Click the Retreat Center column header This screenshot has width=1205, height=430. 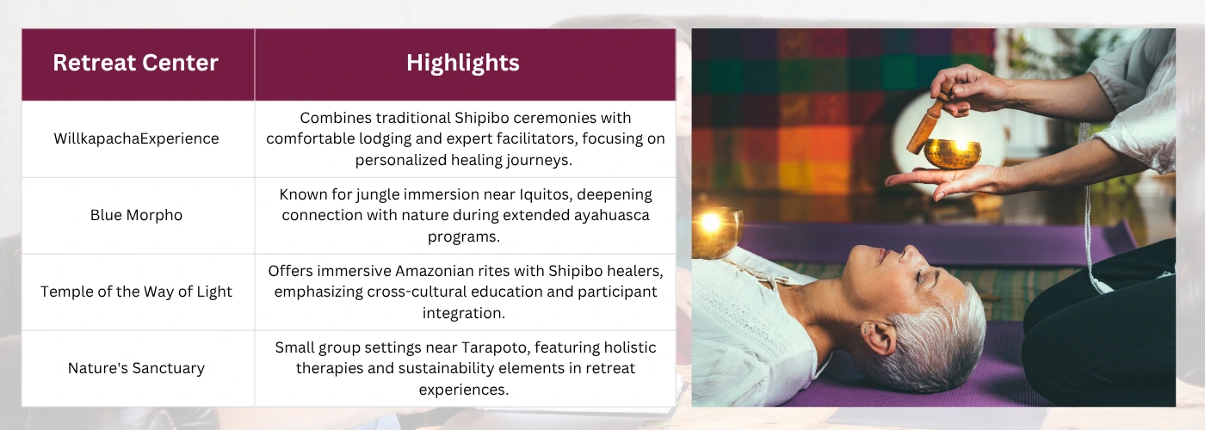click(x=136, y=63)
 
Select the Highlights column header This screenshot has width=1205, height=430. click(x=463, y=63)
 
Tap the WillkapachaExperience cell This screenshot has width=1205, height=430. click(x=136, y=138)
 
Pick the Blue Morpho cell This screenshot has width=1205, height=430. click(x=136, y=215)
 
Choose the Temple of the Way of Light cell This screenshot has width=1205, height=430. click(x=136, y=292)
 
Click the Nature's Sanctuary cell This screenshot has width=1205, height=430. click(x=136, y=368)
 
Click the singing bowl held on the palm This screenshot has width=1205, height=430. click(x=952, y=153)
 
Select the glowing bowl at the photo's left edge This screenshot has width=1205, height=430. click(x=714, y=232)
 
